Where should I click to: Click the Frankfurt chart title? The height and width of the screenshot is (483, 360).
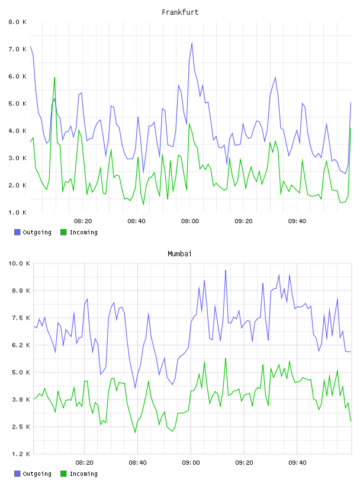pos(180,12)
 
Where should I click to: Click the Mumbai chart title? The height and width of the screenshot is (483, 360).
pos(179,254)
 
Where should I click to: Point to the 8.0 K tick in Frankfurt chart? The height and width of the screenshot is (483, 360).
pos(18,22)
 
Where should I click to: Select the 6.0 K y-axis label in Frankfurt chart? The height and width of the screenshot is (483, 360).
pos(18,76)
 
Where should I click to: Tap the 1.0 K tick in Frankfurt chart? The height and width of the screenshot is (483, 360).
pos(18,212)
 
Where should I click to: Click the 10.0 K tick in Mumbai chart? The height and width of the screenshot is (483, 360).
pos(19,263)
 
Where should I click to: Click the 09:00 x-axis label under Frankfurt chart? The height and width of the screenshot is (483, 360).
pos(190,221)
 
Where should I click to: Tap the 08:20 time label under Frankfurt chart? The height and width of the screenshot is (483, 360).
pos(83,221)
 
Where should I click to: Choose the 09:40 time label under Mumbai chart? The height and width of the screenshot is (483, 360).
pos(297,463)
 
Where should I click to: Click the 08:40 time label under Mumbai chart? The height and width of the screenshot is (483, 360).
pos(137,463)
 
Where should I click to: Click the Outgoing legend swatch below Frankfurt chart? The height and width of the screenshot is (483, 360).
pos(17,232)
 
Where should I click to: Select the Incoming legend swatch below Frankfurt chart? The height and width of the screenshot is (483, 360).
pos(63,232)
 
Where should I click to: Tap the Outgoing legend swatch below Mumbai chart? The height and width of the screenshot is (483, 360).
pos(17,474)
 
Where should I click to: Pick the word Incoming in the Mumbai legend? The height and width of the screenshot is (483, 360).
pos(83,474)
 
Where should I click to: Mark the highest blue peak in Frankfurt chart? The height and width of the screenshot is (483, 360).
pos(192,43)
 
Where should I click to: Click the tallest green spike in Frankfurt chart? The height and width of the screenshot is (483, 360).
pos(54,78)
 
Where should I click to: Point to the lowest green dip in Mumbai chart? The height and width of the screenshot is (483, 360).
pos(135,433)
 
